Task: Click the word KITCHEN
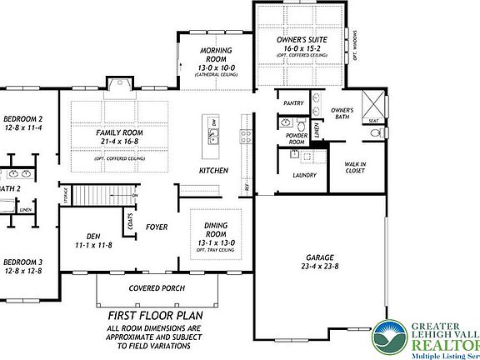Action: [x=213, y=170]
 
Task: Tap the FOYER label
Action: [x=157, y=225]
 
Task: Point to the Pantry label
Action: [x=293, y=103]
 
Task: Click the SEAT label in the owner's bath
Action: [x=373, y=120]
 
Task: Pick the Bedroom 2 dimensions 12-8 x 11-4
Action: [x=22, y=129]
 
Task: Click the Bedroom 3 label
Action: [x=22, y=263]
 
